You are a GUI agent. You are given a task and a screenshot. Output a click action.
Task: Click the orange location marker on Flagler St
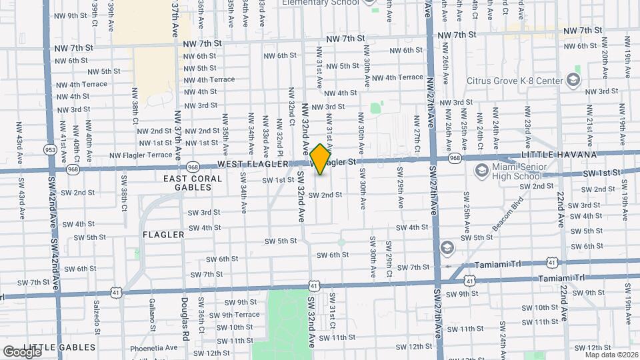point(320,159)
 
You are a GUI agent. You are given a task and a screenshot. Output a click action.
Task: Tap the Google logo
point(23,351)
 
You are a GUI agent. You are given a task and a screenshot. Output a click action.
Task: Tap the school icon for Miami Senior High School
point(481,171)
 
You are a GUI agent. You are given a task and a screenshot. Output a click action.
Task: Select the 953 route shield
point(50,149)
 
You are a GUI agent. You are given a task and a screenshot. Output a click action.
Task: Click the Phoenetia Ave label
point(154,347)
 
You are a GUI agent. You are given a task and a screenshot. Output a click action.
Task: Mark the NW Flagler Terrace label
point(141,155)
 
